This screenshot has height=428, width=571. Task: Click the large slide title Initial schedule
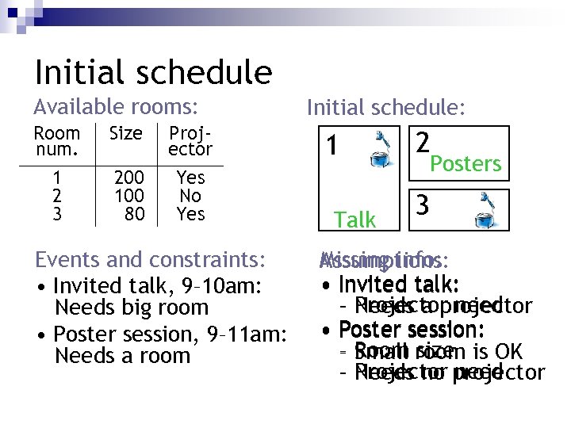coord(153,72)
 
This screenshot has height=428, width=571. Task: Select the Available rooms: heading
coord(115,106)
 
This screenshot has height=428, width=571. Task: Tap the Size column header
coord(125,133)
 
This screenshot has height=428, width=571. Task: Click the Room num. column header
coord(56,141)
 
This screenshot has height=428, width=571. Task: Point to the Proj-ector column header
coord(190,141)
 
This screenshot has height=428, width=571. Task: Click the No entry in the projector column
coord(190,196)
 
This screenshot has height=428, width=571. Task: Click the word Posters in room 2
coord(466,164)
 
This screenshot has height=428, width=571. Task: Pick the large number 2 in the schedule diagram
coord(423,143)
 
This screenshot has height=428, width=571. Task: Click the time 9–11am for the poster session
coord(250,334)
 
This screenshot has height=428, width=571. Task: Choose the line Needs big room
coord(131,308)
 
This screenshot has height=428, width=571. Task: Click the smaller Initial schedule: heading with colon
coord(386,108)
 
